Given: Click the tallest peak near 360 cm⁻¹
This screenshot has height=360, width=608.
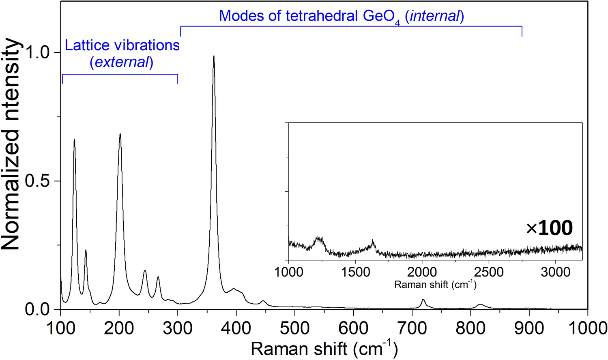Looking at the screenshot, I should coord(214,57).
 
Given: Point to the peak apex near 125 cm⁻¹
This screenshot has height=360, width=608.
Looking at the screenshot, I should coord(74,140).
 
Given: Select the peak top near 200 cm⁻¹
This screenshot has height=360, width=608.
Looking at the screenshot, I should coord(120,134).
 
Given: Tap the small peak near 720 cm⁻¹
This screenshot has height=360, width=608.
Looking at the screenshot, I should coord(423,300).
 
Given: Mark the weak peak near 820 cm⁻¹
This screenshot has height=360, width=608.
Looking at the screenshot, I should coord(480,304).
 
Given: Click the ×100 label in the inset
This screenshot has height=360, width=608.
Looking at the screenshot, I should coord(550,228).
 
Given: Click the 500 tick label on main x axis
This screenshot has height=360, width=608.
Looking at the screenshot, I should coord(294,328).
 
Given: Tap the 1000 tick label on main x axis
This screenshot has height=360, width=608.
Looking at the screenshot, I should coord(587,328).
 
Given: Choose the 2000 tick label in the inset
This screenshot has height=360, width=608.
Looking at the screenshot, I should coord(422,272).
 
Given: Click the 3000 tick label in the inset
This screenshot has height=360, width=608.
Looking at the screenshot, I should coord(555,272).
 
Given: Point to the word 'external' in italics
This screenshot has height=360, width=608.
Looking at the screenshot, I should coord(121,62).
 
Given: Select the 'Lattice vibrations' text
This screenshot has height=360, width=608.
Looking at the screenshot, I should coord(122,45).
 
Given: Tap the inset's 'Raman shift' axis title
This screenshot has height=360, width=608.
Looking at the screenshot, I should coord(435,284).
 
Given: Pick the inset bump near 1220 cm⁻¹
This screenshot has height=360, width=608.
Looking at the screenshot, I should coord(319,239).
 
